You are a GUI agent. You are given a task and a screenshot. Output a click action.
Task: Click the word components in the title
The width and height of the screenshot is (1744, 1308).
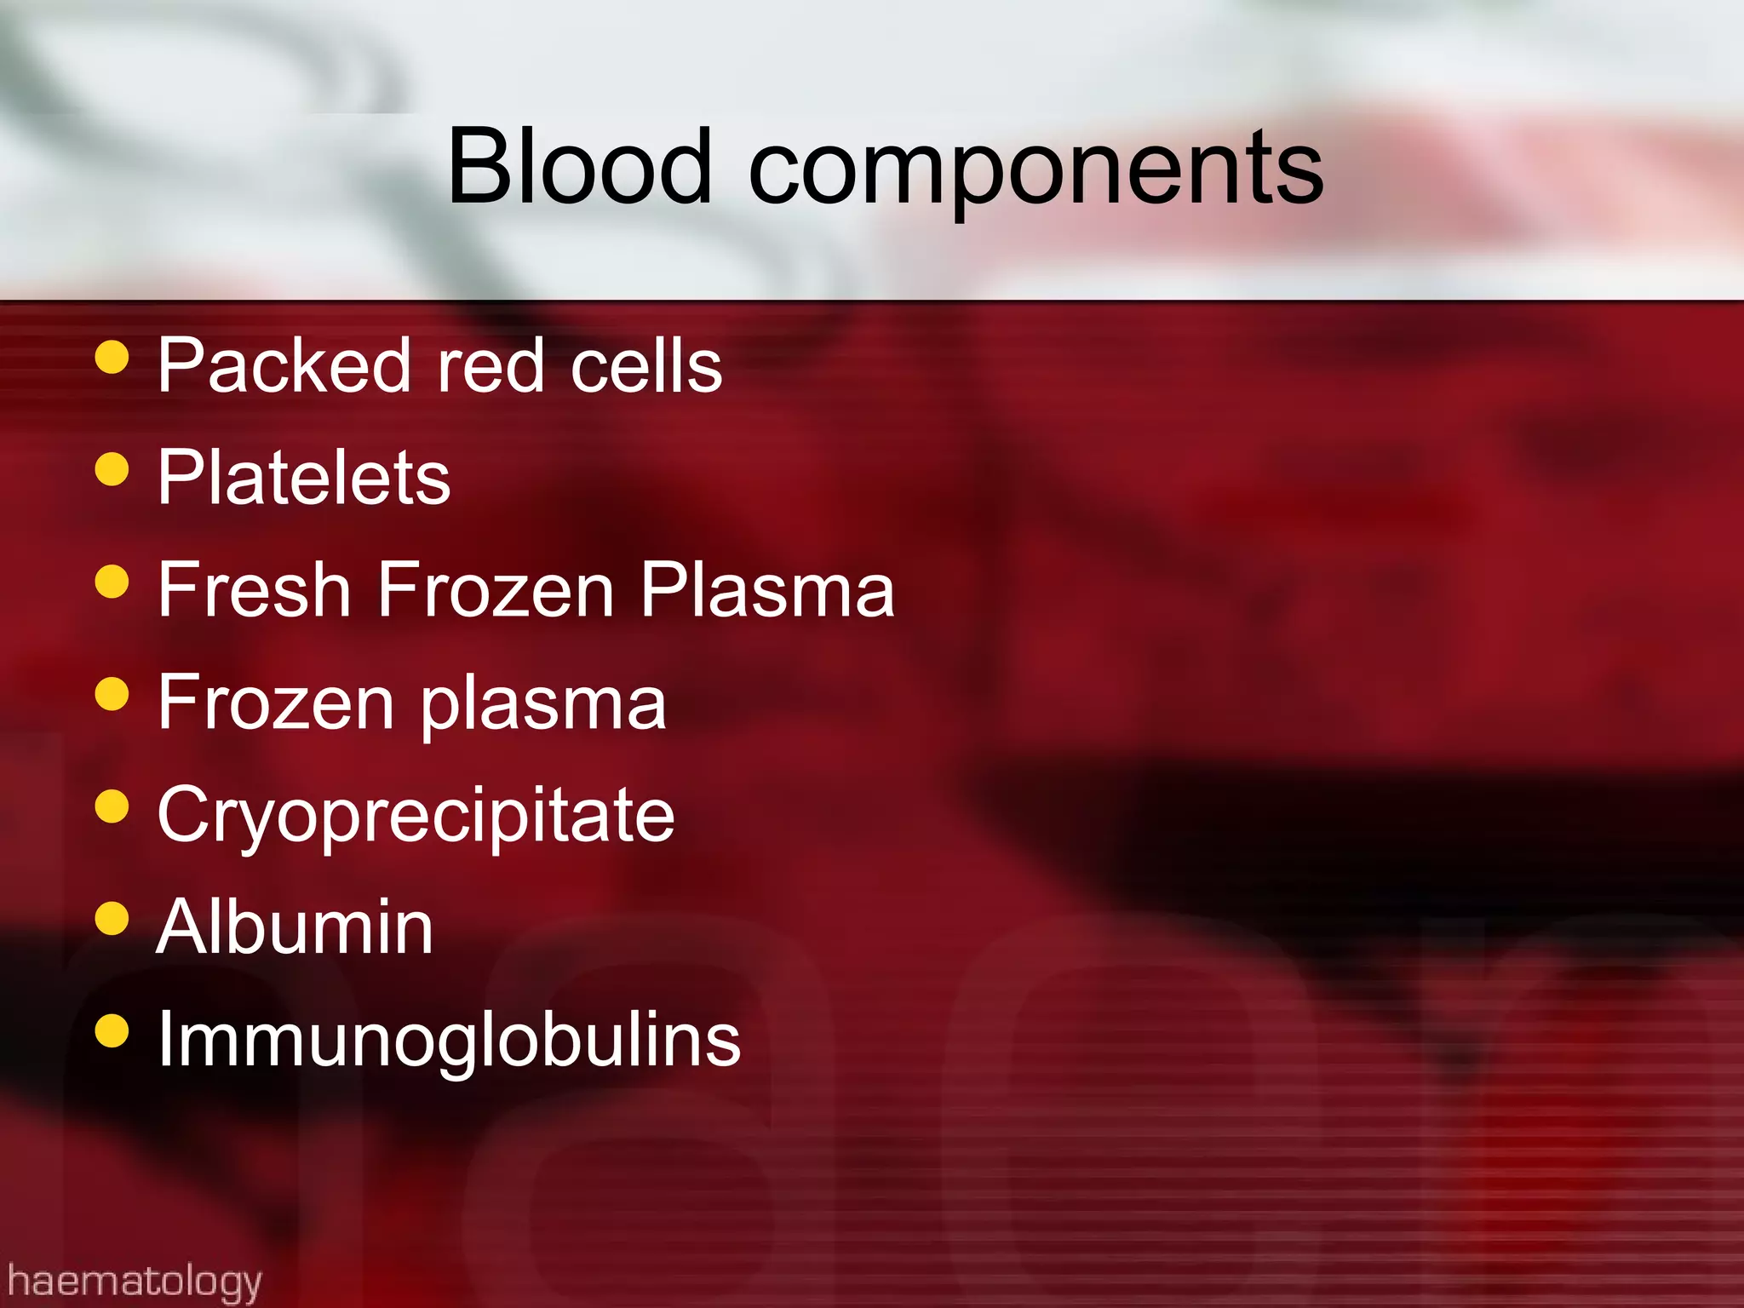pos(1035,170)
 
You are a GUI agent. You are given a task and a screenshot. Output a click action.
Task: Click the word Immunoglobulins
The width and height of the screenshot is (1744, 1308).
pos(450,1041)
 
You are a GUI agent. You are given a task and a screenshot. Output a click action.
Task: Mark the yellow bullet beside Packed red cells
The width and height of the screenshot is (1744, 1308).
pos(112,358)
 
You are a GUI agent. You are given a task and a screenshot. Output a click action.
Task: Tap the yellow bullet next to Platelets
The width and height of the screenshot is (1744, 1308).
pos(112,469)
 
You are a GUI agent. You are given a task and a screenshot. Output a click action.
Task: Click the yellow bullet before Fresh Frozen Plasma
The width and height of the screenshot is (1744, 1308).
pos(112,582)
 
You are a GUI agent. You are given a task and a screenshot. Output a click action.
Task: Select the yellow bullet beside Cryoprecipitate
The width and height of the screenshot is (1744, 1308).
pos(112,806)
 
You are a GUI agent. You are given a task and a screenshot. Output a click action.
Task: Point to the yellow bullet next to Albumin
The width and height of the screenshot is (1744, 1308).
pos(112,919)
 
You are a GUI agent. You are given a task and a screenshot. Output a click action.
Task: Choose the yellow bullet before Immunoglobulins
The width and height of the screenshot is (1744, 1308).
pos(112,1031)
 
